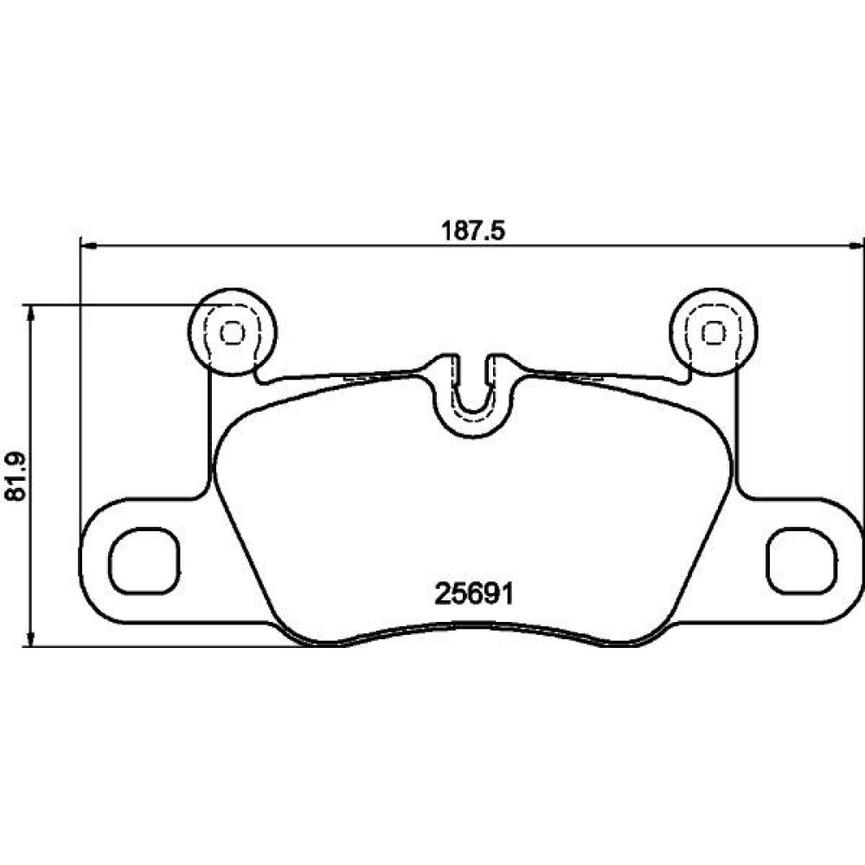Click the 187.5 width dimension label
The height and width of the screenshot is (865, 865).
[473, 231]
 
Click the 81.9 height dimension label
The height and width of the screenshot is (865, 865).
[16, 476]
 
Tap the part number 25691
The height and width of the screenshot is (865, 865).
[474, 594]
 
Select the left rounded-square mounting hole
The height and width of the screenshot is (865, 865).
[144, 561]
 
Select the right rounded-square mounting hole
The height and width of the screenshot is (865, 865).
[802, 561]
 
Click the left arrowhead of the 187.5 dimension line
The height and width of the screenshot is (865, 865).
[88, 245]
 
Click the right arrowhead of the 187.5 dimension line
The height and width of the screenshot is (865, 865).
[855, 245]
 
